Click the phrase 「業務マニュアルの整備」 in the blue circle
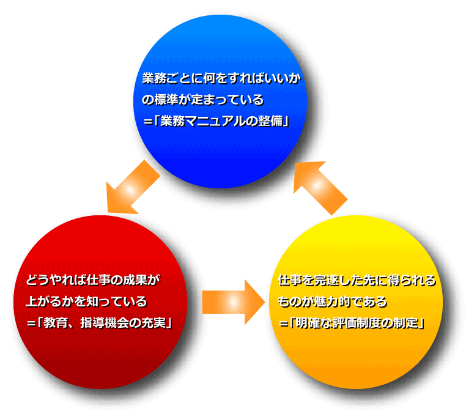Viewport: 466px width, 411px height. pos(221,120)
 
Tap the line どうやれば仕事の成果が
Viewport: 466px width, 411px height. pos(92,281)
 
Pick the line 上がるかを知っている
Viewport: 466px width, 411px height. pos(86,302)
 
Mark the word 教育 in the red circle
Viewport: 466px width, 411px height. pos(53,322)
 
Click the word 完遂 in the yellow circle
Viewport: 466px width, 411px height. pos(322,281)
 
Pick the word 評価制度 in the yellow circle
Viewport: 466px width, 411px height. pos(364,322)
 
